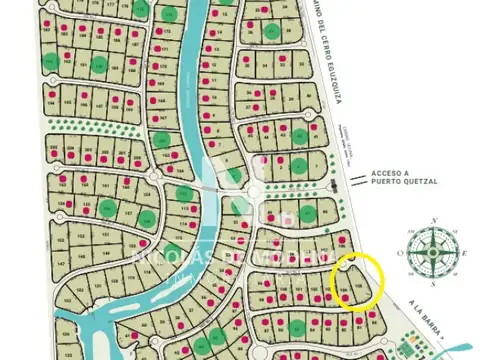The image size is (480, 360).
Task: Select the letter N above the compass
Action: pyautogui.click(x=433, y=220)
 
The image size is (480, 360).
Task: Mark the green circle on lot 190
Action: pyautogui.click(x=99, y=65)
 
